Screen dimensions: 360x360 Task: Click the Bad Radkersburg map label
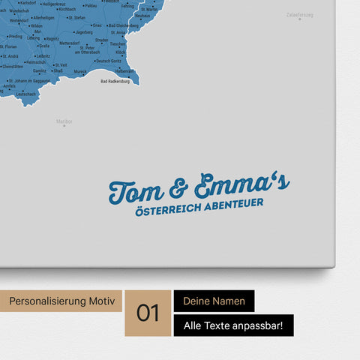[x=115, y=81]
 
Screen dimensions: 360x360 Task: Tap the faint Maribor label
[x=64, y=120]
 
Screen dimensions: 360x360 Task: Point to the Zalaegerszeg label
[x=300, y=14]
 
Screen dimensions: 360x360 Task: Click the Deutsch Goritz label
[x=97, y=61]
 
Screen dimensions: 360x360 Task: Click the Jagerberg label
[x=94, y=43]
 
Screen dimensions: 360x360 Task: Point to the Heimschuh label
[x=35, y=62]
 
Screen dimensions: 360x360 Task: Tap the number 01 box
[x=148, y=313]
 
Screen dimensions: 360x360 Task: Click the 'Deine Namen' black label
[x=214, y=301]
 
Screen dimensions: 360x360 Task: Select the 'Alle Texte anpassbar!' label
[x=233, y=325]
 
